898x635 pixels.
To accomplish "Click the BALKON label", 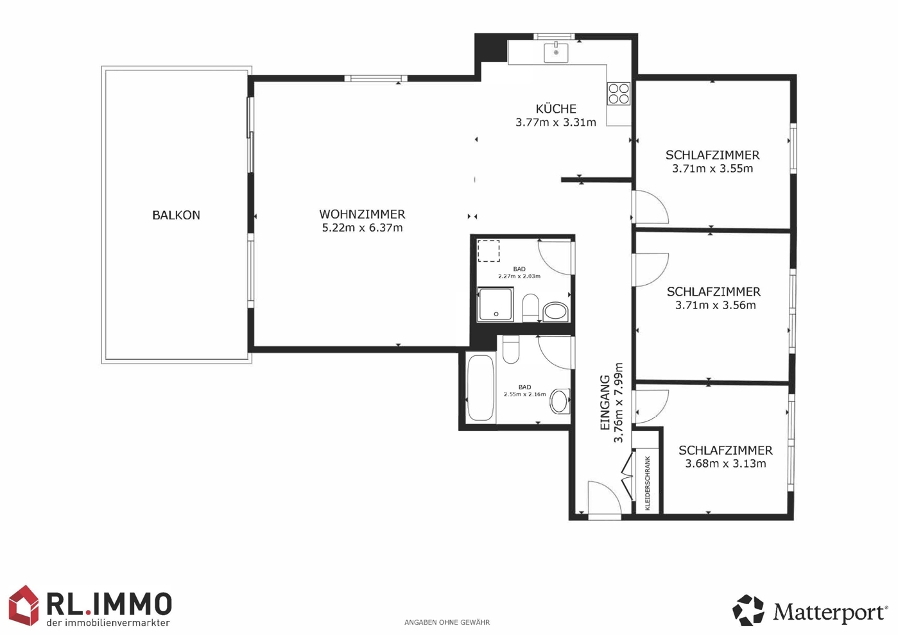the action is click(176, 216).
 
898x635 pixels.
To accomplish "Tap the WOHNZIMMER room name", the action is click(363, 214).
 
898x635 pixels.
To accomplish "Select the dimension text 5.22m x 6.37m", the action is click(363, 228).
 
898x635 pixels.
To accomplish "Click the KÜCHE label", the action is click(556, 108).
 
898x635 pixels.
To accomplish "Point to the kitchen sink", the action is click(556, 53).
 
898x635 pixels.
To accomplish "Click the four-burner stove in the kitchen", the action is click(619, 94).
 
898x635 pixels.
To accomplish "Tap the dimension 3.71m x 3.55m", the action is click(712, 169).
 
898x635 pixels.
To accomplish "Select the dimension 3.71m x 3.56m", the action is click(716, 305).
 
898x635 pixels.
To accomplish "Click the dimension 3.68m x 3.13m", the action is click(725, 464).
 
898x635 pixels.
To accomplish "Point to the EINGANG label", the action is click(605, 403).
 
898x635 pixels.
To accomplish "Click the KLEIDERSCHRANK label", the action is click(648, 483).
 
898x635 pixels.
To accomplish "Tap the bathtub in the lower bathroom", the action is click(481, 387).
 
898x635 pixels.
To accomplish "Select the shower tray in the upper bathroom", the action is click(496, 305).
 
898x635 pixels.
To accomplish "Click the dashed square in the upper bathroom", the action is click(488, 251).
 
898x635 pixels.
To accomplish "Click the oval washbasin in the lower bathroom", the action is click(559, 401).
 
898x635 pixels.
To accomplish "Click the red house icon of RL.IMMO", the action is click(24, 605).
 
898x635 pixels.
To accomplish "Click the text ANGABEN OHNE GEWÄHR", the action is click(447, 623).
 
